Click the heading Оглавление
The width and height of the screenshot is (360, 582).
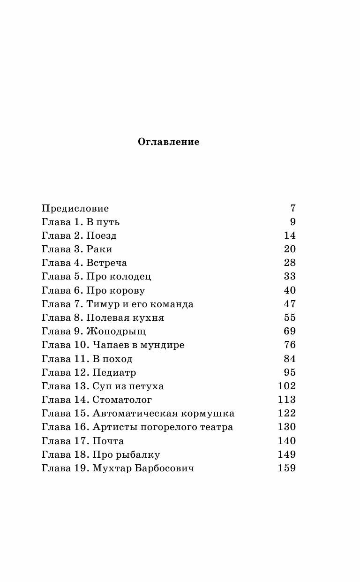coord(168,142)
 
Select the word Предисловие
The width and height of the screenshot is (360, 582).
coord(75,208)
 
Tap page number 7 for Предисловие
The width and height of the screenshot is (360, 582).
coord(293,208)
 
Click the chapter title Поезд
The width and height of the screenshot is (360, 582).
coord(101,235)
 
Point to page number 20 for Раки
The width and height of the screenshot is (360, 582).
coord(290,249)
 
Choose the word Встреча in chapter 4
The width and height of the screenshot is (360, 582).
coord(106,263)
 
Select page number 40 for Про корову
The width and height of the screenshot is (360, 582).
coord(290,290)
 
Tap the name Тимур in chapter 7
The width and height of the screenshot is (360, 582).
coord(100,304)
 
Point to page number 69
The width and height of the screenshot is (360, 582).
coord(290,331)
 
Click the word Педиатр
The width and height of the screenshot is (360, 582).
coord(114,372)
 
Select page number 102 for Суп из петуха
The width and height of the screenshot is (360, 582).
coord(286,386)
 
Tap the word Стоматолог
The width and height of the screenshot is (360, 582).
coord(122,400)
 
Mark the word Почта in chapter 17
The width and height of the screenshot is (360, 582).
coord(108,441)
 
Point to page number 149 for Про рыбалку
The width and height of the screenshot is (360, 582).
coord(286,454)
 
